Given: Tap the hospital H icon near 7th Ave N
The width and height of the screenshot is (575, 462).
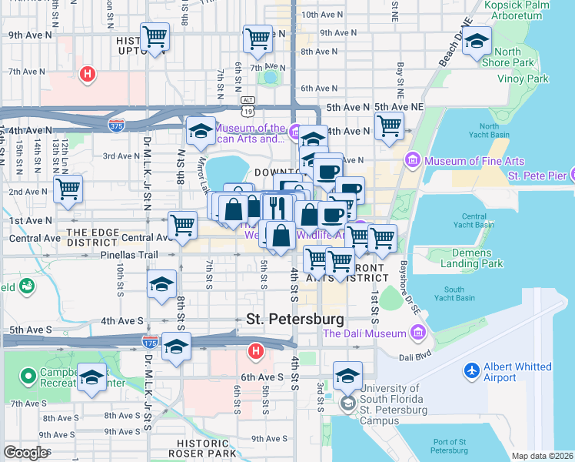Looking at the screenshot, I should [88, 75].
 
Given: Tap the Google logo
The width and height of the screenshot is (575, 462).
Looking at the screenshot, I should [26, 452].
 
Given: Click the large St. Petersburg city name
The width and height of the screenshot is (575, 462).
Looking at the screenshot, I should [294, 318].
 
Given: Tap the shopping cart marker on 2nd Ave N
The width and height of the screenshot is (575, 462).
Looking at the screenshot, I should [68, 187].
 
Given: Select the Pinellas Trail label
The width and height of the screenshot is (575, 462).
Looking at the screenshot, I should [62, 254].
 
